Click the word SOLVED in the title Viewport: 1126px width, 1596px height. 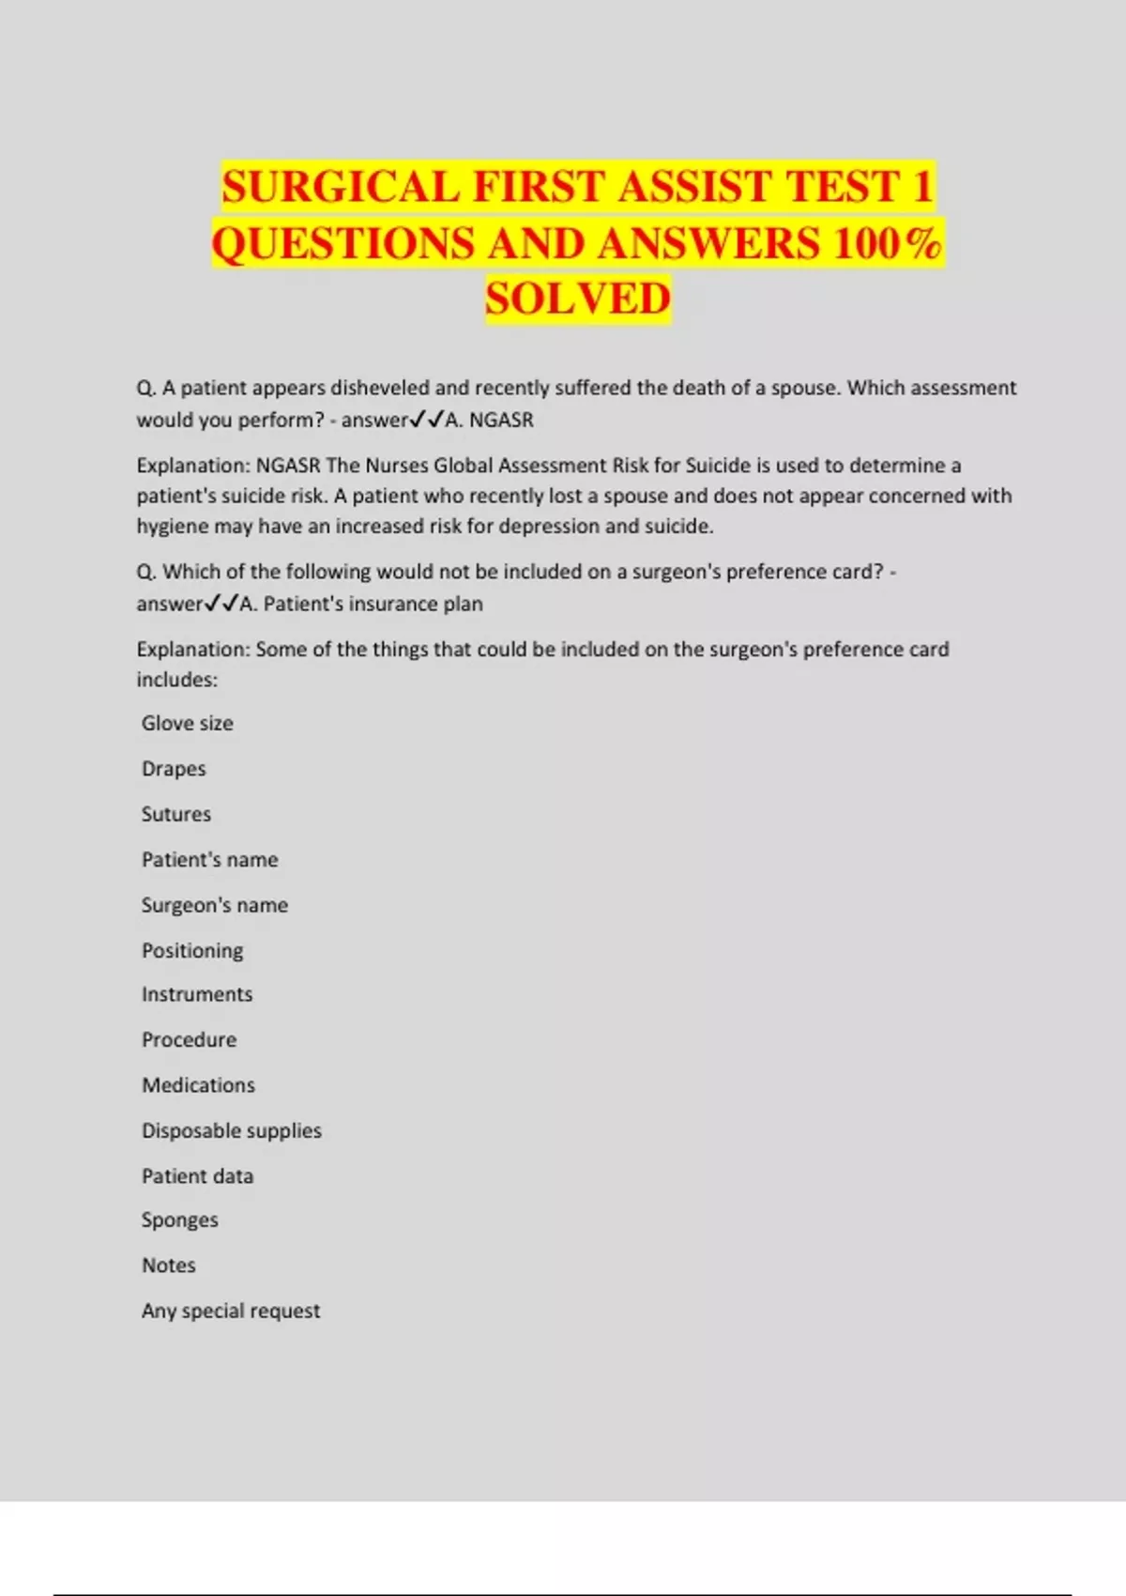tap(578, 299)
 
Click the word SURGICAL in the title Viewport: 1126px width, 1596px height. tap(341, 186)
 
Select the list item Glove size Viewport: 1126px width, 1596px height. tap(187, 723)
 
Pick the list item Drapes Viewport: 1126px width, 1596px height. tap(174, 769)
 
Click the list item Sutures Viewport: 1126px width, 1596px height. tap(176, 814)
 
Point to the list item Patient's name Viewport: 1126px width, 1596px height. tap(209, 860)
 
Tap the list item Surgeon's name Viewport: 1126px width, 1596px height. tap(215, 905)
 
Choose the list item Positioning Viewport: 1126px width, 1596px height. tap(192, 950)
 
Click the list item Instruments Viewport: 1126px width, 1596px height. tap(197, 994)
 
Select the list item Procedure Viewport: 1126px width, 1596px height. tap(189, 1039)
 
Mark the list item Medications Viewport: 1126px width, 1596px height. tap(198, 1085)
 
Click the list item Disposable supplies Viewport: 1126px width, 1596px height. tap(232, 1130)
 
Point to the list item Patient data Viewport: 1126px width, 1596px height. tap(197, 1176)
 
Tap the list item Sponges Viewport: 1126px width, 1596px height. tap(179, 1220)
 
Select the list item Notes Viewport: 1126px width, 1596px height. tap(169, 1266)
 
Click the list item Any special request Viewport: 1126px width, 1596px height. tap(231, 1311)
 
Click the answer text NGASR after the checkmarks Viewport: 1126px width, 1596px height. tap(501, 421)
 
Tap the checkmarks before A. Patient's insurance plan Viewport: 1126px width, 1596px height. tap(221, 604)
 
